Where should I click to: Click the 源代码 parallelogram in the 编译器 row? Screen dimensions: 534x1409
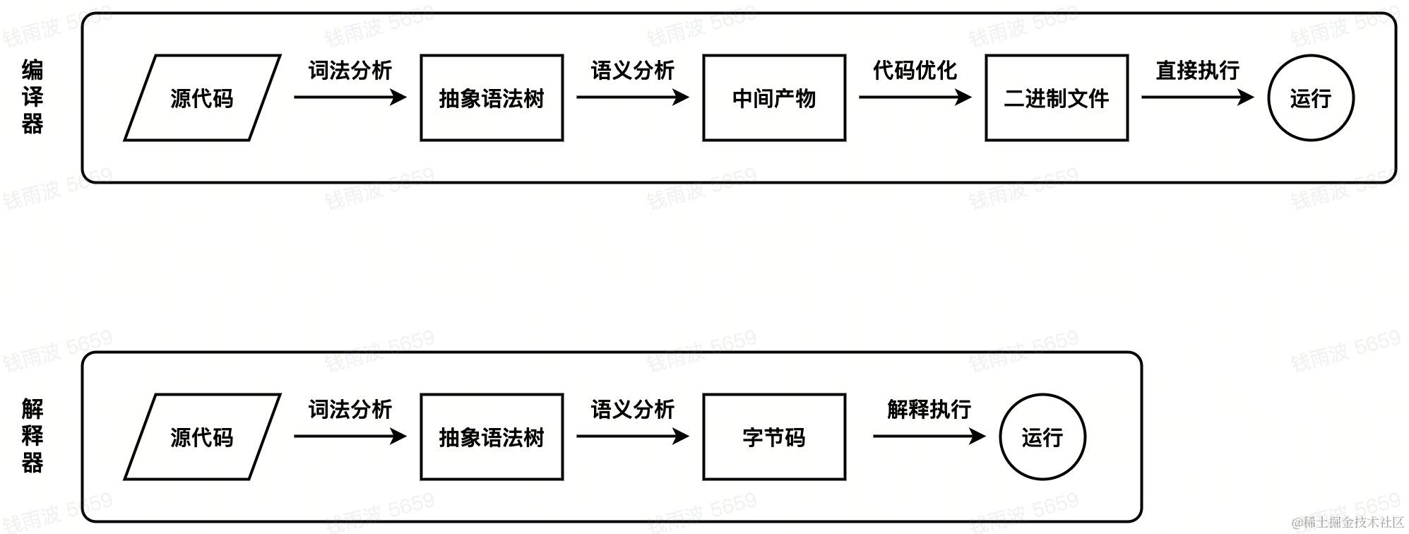pos(202,98)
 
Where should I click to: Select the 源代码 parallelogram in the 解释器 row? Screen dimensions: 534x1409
pos(202,437)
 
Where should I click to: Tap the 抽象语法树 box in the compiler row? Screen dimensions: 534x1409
pos(492,98)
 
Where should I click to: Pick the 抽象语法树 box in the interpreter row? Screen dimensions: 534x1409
pos(492,437)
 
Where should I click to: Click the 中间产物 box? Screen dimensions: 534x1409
pos(774,98)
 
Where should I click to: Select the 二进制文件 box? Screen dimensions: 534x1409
pos(1057,98)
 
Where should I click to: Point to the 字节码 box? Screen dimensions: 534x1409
pos(774,437)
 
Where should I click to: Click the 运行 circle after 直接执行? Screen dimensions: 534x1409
pos(1311,98)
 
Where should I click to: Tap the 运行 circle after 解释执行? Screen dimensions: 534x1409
pos(1042,437)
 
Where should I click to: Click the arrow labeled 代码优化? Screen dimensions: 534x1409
pos(915,97)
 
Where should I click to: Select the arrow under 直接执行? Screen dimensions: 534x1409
pos(1197,97)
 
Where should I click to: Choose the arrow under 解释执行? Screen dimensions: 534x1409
pos(929,436)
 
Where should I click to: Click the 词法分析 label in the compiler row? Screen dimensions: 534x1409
pos(350,70)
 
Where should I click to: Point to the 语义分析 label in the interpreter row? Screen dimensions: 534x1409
pos(633,409)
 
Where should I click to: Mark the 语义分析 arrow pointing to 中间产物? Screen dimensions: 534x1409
pos(632,97)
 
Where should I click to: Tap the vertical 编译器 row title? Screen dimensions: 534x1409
pos(32,97)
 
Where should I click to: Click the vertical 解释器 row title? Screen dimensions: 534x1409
pos(32,436)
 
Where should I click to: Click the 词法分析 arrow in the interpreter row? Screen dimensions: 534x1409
pos(350,436)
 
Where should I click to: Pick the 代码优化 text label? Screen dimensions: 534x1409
pos(915,70)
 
